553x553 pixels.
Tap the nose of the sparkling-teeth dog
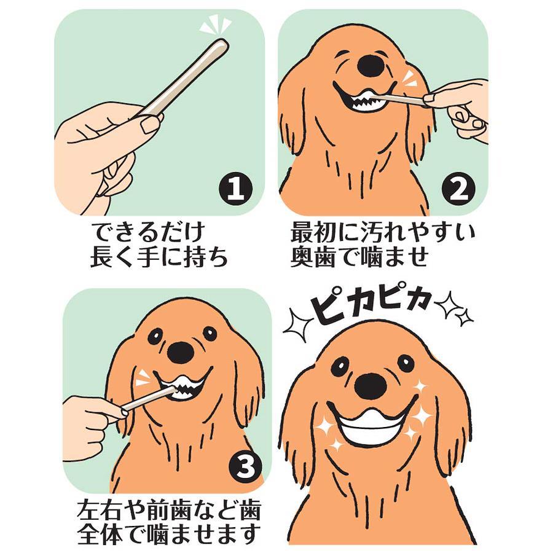pyautogui.click(x=371, y=385)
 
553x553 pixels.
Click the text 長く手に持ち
pyautogui.click(x=159, y=258)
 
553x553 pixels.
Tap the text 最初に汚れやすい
pyautogui.click(x=383, y=233)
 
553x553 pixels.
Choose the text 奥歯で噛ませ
pyautogui.click(x=359, y=258)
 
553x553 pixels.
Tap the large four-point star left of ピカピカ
pyautogui.click(x=298, y=325)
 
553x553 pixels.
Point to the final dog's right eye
pyautogui.click(x=406, y=362)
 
